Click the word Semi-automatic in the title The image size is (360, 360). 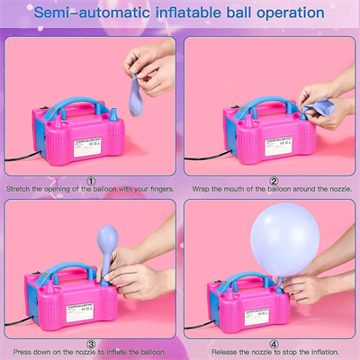click(x=90, y=13)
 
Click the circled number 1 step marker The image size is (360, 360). click(x=91, y=179)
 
